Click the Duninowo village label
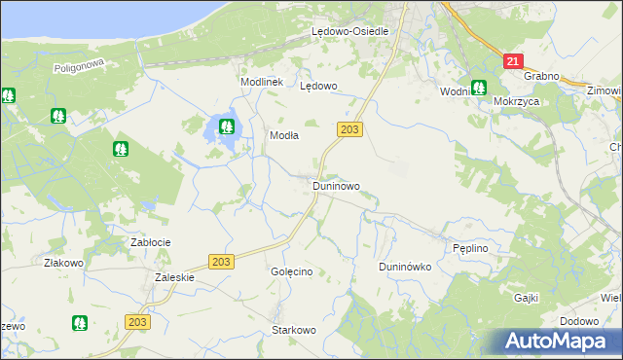(336, 185)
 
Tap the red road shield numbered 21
(513, 61)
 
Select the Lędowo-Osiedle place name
(349, 31)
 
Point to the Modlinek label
(262, 82)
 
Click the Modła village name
(283, 136)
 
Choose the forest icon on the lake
(227, 126)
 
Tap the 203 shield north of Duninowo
(350, 128)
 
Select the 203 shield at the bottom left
(138, 322)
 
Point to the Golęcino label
(291, 271)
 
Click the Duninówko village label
(404, 267)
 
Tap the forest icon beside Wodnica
(479, 88)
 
